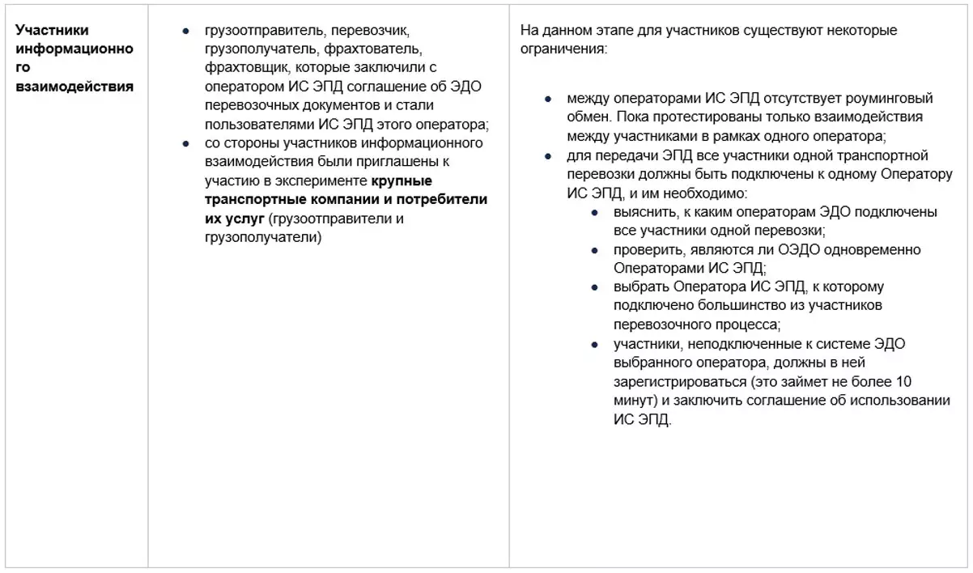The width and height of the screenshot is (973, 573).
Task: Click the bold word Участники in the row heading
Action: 52,31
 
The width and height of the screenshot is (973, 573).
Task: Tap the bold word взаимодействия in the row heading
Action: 74,87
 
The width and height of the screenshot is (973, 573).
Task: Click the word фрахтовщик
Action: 244,68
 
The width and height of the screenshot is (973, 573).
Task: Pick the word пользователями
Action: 253,125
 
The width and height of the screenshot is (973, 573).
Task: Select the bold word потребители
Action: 444,199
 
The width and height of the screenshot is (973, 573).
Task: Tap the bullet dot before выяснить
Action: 594,212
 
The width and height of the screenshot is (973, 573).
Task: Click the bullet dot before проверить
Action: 594,250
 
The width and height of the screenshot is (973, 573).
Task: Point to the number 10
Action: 905,382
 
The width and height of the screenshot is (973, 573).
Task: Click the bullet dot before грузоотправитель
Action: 185,31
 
